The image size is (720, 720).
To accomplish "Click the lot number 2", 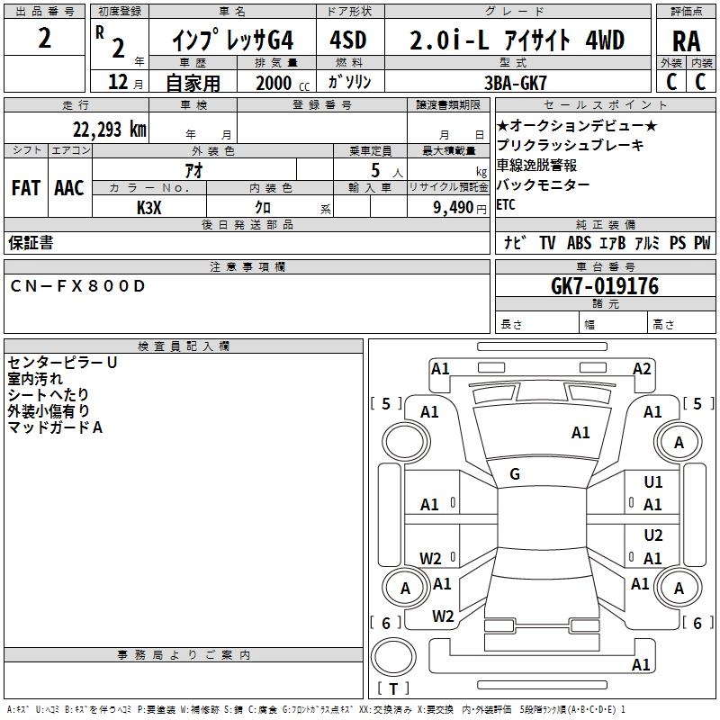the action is point(45,40).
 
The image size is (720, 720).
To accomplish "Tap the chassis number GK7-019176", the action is point(605,287).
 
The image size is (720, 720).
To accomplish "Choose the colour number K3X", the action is point(149,207).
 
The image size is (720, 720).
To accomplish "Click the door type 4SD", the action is point(350,40).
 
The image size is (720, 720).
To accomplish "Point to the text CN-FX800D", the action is point(77,286).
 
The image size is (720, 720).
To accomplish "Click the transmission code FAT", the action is point(26,187).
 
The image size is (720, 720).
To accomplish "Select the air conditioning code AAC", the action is point(69,187).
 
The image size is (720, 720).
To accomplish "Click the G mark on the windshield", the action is point(515,474).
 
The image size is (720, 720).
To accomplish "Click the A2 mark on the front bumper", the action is point(642,368).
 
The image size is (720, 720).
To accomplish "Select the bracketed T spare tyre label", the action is point(393,689).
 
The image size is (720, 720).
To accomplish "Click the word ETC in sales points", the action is point(507,205).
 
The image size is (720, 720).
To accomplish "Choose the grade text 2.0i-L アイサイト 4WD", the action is point(517,40).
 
